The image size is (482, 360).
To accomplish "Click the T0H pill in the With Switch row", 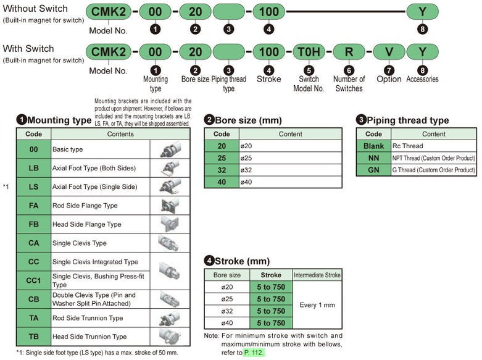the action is coord(309,52).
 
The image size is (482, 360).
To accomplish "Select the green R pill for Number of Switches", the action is coord(349,52).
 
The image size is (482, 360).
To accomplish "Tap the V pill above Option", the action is coord(389,52).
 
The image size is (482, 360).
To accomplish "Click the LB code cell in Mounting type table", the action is coord(34,168).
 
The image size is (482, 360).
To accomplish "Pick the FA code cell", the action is coord(34,206).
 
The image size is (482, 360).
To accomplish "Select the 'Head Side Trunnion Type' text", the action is coord(89,337).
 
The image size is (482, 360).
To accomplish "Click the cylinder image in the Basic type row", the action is coord(170,149).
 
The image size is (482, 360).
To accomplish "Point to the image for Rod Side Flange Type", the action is coord(170,206).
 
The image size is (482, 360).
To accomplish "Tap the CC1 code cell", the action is coord(34,280).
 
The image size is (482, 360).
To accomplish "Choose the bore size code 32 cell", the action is coord(222,170).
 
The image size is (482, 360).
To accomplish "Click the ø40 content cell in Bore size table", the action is coord(291,182).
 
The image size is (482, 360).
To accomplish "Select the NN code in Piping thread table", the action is coord(373,158).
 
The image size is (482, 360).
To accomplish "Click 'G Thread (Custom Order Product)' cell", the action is coord(433,170).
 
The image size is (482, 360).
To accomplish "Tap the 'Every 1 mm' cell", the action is coord(317,305).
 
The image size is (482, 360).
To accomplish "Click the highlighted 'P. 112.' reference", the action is coord(254,353).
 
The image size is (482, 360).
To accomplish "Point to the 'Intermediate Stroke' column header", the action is coord(317,275).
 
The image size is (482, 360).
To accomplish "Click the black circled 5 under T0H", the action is coord(309,70).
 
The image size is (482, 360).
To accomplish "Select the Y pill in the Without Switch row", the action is coord(422,12).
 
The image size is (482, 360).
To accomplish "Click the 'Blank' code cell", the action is coord(373,146).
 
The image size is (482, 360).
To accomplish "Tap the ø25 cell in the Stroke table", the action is coord(227,299).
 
